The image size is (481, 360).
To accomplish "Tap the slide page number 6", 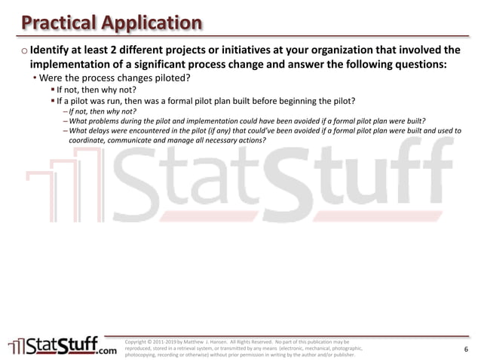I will pyautogui.click(x=466, y=349).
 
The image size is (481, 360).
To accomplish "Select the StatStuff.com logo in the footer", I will pyautogui.click(x=63, y=345).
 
